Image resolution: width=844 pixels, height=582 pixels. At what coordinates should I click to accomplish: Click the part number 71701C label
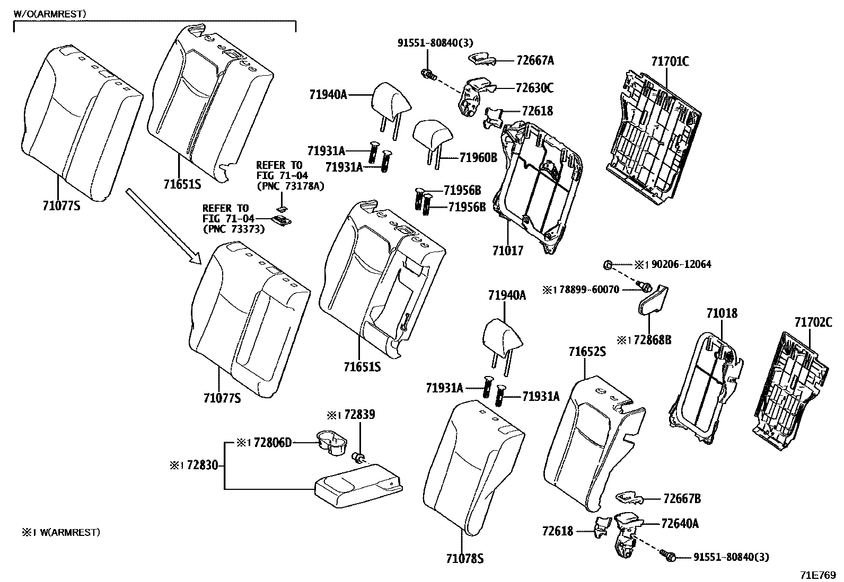[x=670, y=61]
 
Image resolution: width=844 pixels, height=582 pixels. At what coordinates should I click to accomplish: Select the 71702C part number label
[x=813, y=323]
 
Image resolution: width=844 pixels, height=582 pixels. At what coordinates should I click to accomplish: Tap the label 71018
[x=722, y=313]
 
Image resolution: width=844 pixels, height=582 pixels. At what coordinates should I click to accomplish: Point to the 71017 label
[x=508, y=250]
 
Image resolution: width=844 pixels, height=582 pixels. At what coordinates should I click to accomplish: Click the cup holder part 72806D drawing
[x=331, y=443]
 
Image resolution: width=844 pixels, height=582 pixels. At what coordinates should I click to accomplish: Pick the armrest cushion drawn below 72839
[x=359, y=486]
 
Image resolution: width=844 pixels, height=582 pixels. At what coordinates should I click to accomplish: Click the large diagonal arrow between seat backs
[x=163, y=227]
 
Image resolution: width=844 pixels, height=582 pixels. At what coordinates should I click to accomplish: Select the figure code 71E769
[x=818, y=575]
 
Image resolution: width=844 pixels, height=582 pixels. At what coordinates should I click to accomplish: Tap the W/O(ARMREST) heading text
[x=50, y=14]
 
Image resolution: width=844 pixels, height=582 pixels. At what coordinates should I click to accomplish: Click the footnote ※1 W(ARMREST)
[x=60, y=532]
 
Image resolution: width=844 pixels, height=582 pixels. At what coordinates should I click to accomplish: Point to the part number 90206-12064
[x=681, y=264]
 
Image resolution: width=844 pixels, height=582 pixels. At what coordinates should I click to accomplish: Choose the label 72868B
[x=652, y=340]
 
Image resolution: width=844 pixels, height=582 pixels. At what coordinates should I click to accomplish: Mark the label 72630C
[x=535, y=88]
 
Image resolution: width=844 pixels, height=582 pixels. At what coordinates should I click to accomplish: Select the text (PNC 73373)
[x=234, y=229]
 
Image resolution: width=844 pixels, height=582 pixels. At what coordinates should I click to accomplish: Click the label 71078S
[x=464, y=559]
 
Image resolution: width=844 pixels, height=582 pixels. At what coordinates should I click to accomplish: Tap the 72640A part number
[x=680, y=524]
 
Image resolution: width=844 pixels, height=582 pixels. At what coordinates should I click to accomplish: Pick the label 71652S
[x=587, y=352]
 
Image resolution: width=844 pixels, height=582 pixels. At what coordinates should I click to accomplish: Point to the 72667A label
[x=535, y=60]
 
